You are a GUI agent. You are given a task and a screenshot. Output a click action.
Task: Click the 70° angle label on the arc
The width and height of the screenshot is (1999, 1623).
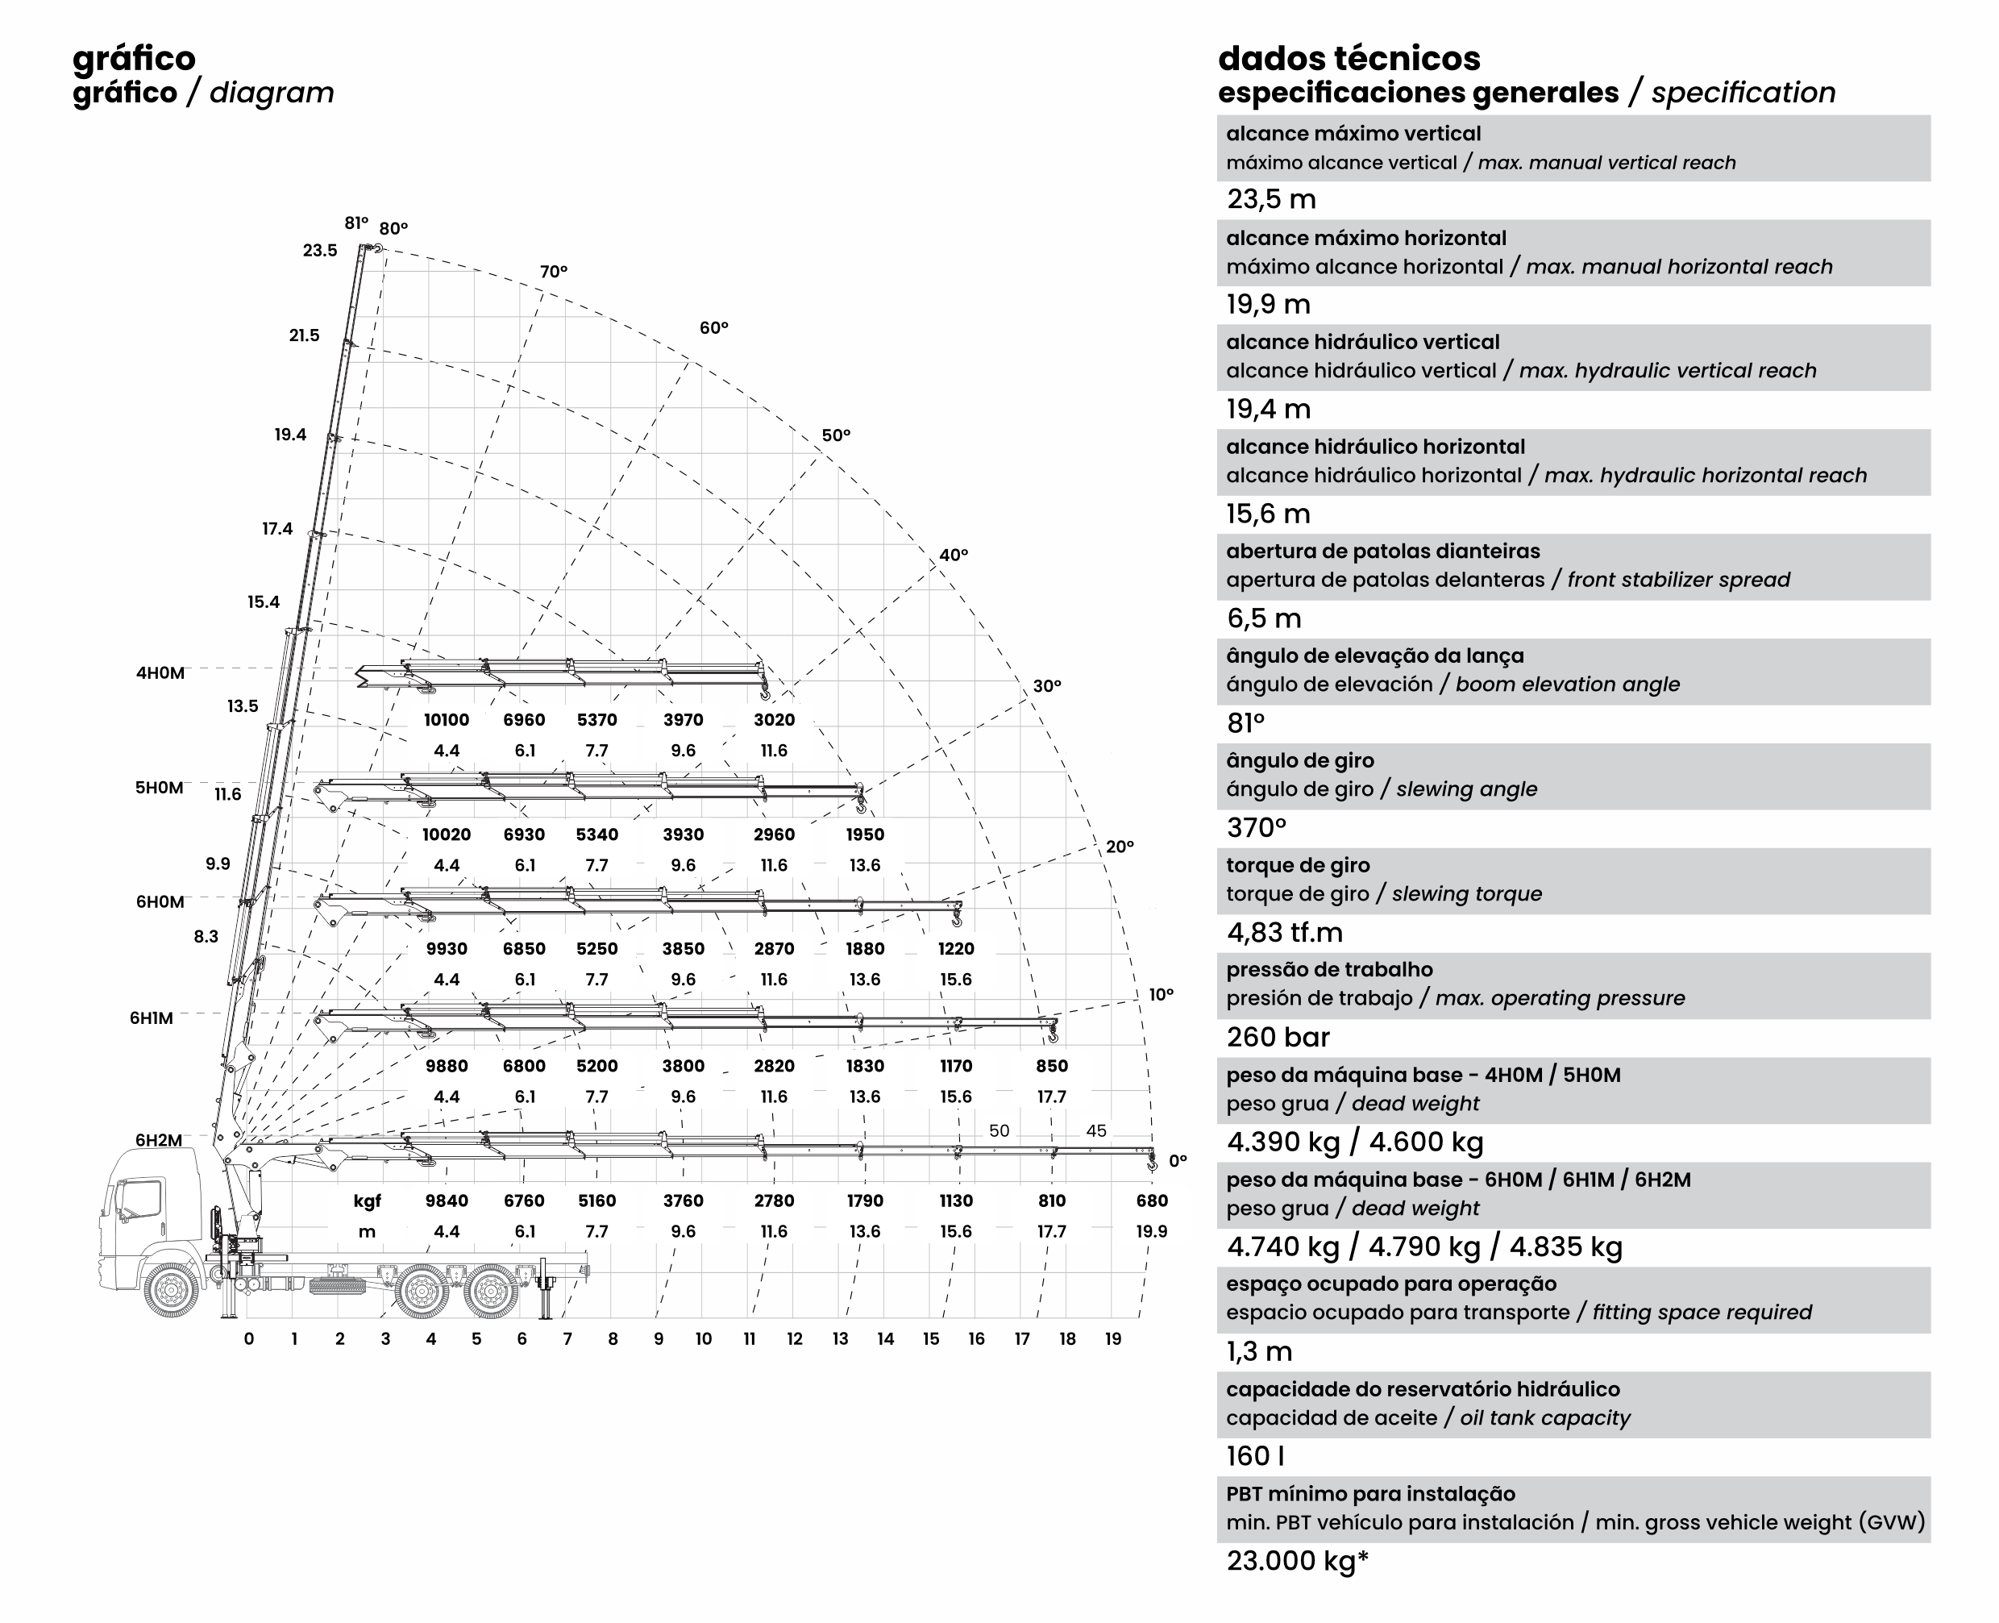(553, 272)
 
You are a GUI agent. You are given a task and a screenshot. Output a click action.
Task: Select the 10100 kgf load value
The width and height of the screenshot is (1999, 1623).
(446, 720)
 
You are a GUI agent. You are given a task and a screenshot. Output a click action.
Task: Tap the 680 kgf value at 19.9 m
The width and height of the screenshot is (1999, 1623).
(1151, 1201)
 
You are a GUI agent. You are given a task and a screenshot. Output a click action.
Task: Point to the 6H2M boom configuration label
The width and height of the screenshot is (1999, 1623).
(159, 1140)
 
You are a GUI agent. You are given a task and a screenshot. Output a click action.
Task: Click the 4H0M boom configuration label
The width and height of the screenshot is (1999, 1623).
(160, 673)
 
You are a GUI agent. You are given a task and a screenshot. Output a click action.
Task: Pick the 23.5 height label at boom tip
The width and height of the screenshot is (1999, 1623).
(320, 251)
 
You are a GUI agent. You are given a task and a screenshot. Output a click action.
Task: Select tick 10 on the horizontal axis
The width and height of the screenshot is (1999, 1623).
(703, 1338)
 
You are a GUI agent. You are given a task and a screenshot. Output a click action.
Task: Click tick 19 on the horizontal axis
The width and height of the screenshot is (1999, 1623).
(1112, 1338)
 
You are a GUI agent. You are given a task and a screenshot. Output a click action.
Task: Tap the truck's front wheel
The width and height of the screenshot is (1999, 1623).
(172, 1290)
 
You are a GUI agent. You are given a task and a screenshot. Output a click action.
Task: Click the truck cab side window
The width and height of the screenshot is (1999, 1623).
(141, 1201)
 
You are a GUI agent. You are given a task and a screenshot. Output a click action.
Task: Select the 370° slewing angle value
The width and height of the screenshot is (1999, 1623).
(1256, 827)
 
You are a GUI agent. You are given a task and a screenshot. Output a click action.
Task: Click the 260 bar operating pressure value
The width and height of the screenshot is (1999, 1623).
(1278, 1037)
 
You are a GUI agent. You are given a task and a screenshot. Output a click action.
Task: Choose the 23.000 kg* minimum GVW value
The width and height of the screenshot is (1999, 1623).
(1297, 1560)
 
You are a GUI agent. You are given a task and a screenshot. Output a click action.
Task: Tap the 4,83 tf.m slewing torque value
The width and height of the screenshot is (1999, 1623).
(1284, 932)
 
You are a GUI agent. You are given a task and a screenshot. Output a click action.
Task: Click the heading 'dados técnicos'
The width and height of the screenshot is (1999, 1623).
(1349, 58)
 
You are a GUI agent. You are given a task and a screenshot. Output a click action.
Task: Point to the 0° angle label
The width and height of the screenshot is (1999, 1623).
(1178, 1160)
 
